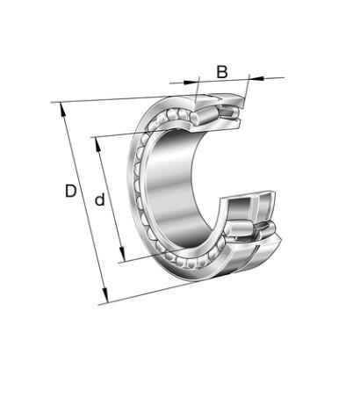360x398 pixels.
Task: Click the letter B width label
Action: [x=222, y=72]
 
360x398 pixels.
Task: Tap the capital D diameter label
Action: [x=70, y=191]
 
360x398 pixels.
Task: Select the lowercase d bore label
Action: [x=99, y=199]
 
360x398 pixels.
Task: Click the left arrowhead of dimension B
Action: [x=191, y=81]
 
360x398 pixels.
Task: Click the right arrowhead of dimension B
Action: [x=256, y=78]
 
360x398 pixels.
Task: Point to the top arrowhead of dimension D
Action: [x=62, y=110]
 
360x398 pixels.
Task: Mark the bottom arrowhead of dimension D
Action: [x=105, y=295]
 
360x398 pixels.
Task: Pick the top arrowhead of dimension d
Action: [x=97, y=145]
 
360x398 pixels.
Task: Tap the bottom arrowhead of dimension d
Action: [x=122, y=254]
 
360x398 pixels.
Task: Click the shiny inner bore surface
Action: [x=173, y=187]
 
